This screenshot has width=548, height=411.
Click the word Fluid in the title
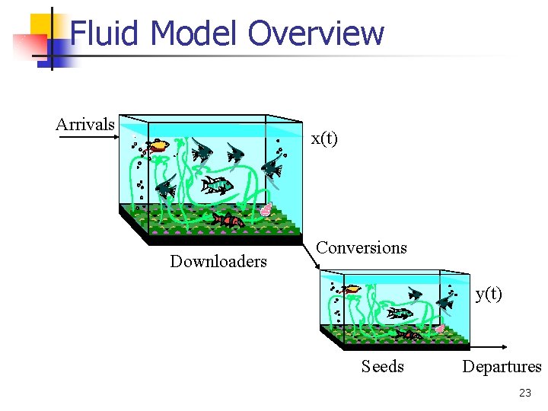106,33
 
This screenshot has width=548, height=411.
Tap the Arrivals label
85,124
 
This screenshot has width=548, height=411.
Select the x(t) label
324,139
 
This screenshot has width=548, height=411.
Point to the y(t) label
489,294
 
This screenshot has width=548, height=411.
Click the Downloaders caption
218,262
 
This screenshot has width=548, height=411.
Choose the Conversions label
362,247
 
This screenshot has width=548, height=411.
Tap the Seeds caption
383,367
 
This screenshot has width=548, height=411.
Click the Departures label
502,367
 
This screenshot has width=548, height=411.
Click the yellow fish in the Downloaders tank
158,145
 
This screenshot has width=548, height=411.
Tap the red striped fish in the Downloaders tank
228,221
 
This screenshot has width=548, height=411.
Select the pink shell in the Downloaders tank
266,209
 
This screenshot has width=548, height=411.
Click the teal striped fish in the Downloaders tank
217,184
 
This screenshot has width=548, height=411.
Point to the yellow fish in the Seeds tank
351,289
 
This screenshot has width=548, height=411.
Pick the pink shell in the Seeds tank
440,329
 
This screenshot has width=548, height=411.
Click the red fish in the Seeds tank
409,335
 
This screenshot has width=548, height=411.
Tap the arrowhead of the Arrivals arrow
118,138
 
